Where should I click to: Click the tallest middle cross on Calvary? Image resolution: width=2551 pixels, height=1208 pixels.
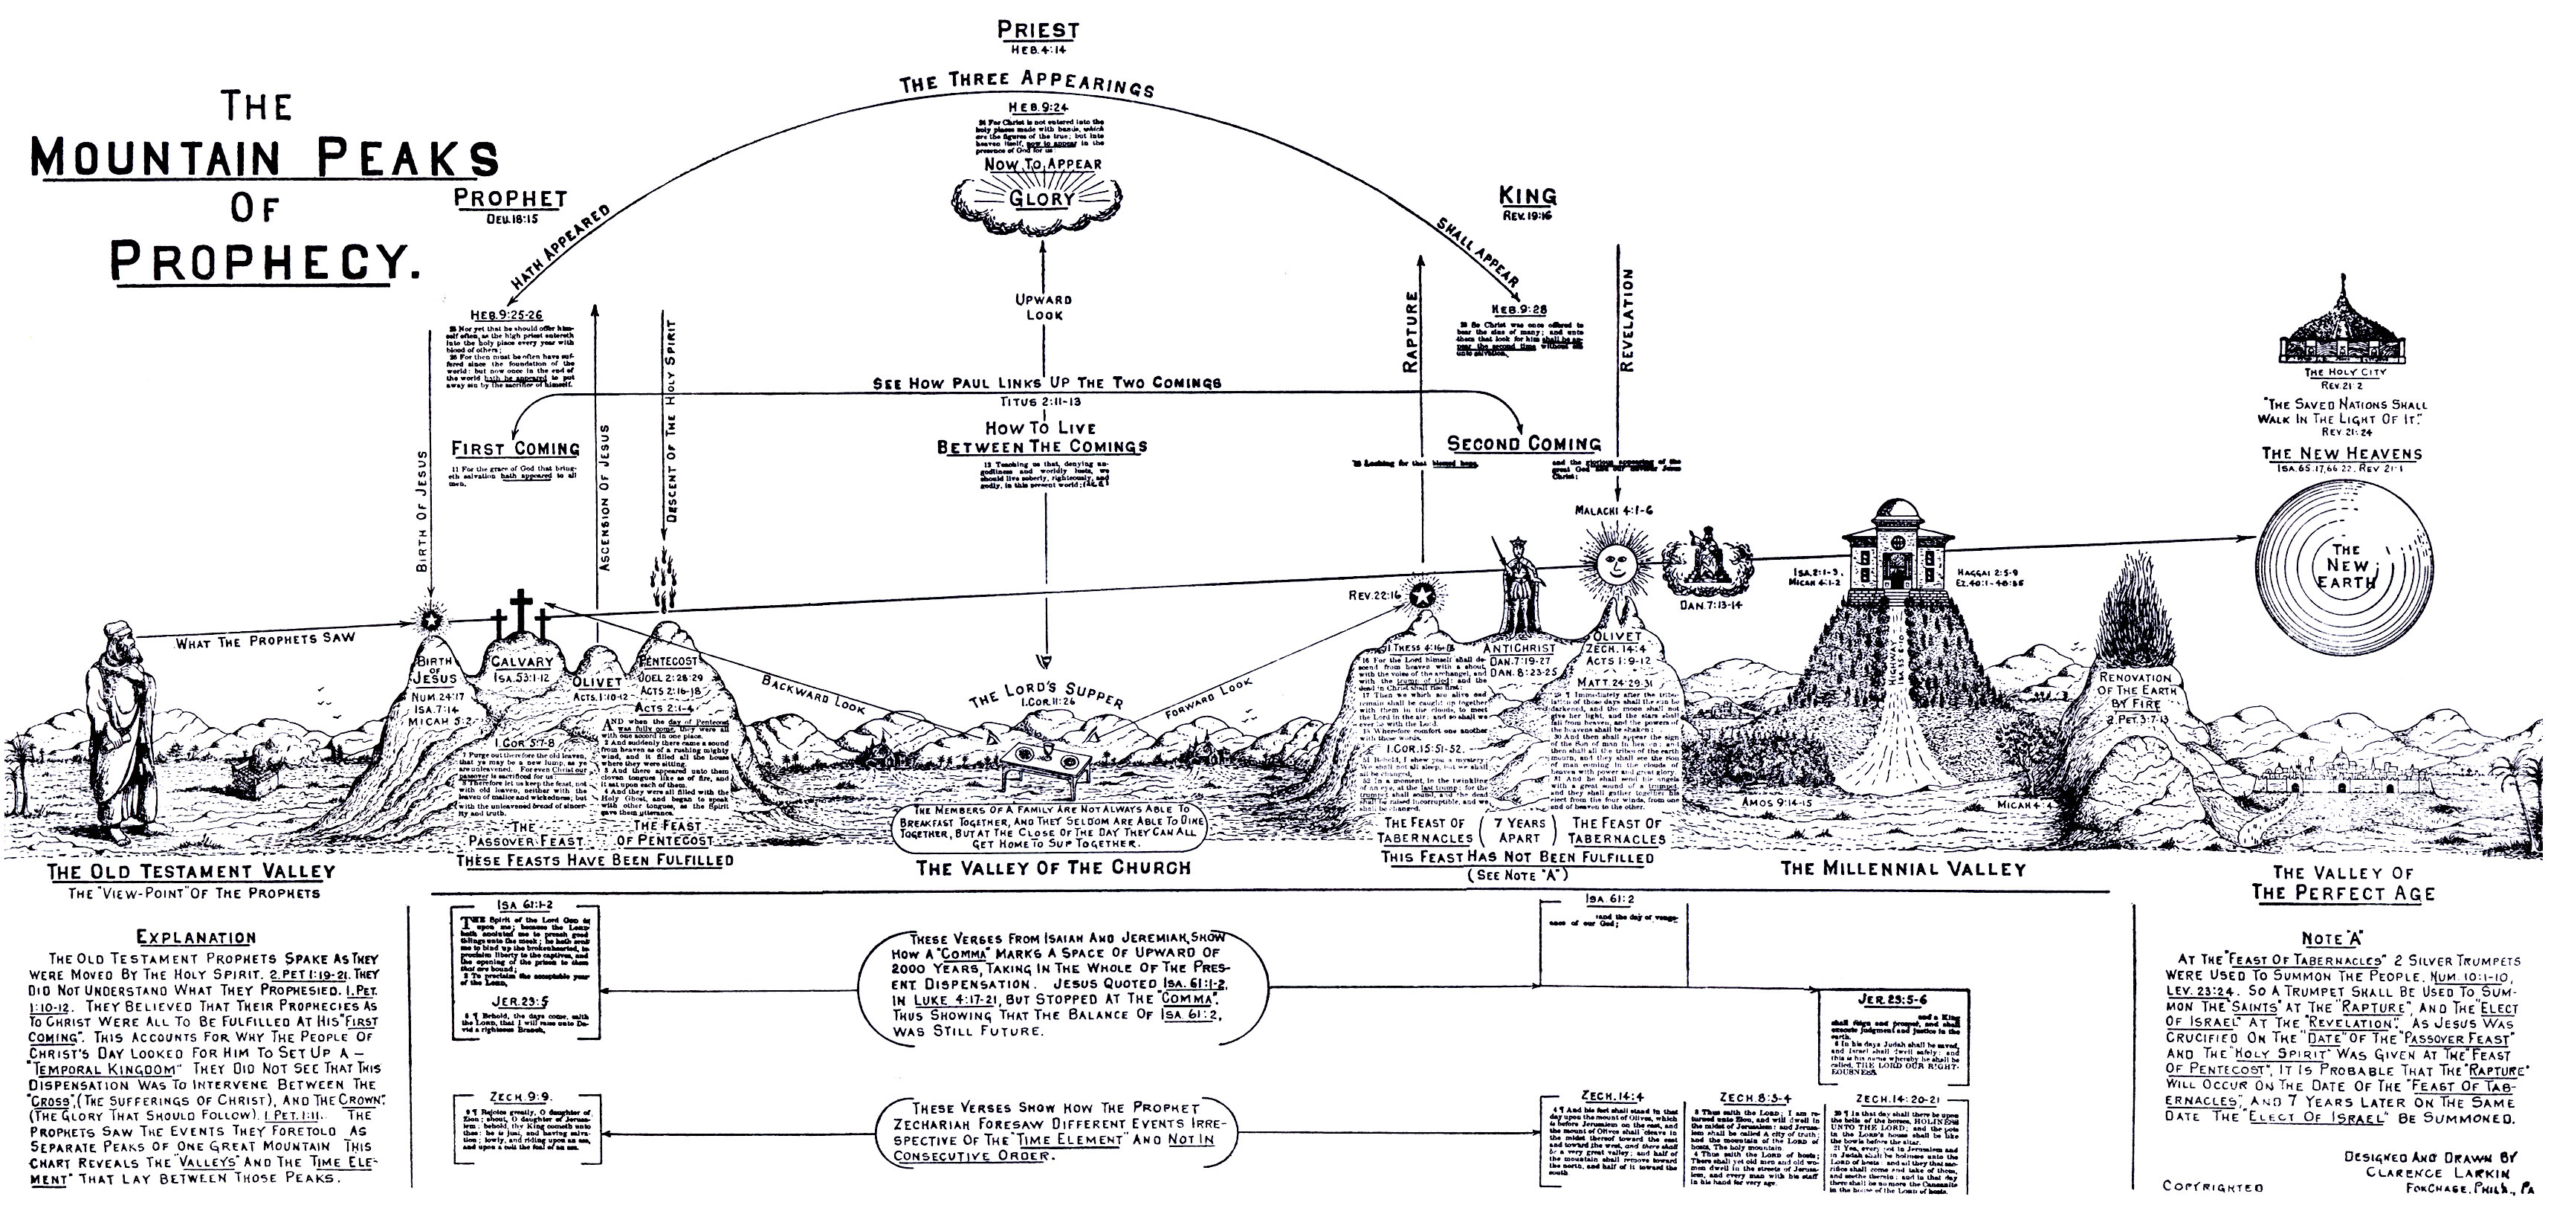tap(518, 613)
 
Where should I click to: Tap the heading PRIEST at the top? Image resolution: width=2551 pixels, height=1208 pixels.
tap(1038, 30)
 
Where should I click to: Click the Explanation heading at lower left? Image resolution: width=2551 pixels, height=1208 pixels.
tap(196, 937)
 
